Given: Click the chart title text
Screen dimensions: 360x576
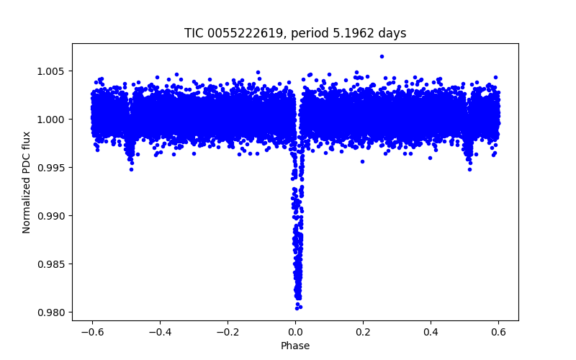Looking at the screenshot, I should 295,33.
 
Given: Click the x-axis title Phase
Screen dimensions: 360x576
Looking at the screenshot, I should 295,346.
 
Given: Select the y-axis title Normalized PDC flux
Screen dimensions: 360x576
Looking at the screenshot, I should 27,181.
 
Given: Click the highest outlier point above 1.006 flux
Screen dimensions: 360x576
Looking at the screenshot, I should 382,56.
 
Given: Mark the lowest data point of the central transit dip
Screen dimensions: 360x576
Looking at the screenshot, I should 297,307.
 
